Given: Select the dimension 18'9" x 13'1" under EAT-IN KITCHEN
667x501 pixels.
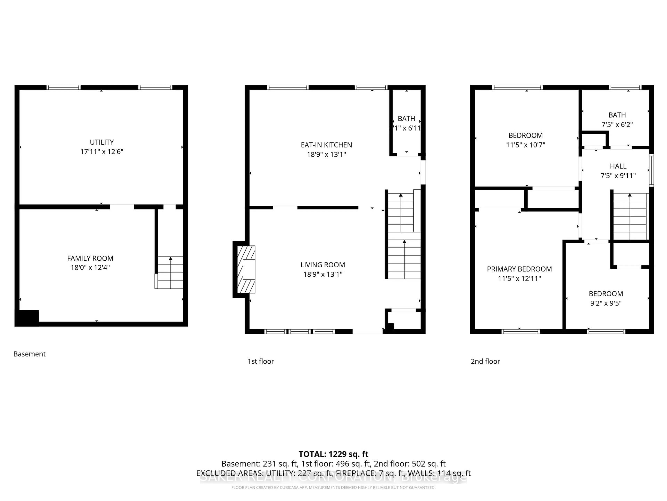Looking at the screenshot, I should (326, 154).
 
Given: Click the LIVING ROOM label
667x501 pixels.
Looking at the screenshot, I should (323, 265).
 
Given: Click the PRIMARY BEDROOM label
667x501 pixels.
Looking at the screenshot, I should (519, 269).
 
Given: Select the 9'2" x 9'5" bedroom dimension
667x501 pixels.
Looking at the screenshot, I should (606, 303).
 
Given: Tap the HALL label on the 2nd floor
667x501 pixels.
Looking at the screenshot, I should (618, 166).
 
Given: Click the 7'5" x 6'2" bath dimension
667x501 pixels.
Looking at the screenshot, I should (617, 124).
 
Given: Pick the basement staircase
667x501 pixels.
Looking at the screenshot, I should (170, 272).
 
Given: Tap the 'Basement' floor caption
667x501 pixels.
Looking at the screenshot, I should (29, 354).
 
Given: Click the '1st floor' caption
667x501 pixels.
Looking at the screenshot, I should (261, 361).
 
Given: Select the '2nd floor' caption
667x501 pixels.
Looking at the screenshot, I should (485, 361).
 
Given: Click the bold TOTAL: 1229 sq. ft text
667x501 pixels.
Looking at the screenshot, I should (333, 454).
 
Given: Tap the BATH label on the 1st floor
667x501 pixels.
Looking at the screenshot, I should (406, 119).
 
